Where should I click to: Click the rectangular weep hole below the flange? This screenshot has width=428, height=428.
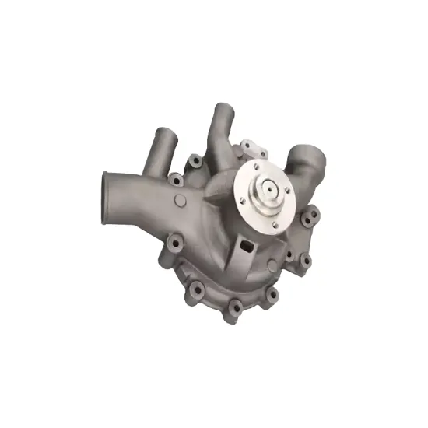(247, 247)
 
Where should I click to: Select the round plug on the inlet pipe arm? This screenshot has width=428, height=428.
(181, 202)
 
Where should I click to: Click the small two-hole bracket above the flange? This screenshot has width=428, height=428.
(253, 147)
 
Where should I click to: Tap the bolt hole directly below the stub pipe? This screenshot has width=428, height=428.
(177, 181)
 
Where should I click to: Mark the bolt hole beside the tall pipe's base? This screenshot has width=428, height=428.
(197, 161)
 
